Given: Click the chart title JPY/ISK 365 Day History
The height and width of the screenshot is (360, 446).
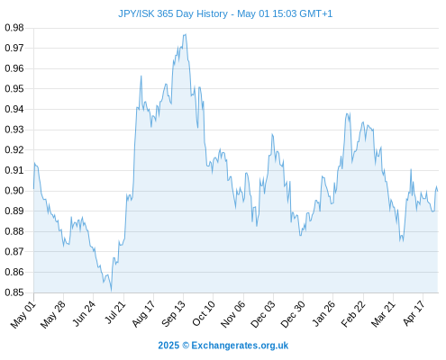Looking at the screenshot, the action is (173, 14).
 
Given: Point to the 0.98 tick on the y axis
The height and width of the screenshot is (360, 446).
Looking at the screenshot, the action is (14, 28).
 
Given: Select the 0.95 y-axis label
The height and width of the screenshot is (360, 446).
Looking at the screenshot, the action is (14, 89).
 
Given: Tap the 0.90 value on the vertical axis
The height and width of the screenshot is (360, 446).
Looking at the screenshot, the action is (14, 191).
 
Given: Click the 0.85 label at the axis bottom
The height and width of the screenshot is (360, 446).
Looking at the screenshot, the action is (14, 292).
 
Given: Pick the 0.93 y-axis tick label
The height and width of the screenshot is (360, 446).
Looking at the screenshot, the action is (14, 130).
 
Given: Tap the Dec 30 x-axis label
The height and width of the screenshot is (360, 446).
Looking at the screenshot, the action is (293, 314).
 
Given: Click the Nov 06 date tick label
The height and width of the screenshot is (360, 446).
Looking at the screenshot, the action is (233, 314).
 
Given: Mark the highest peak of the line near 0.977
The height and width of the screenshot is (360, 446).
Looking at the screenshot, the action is (186, 34).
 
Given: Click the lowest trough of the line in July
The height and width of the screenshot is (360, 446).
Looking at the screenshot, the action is (111, 291).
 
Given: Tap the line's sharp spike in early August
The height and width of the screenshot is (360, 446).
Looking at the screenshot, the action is (141, 76).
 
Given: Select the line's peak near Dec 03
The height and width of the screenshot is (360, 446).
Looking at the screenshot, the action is (272, 134).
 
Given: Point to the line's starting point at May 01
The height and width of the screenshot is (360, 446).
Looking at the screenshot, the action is (33, 189).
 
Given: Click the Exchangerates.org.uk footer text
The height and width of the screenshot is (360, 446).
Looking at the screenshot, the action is (240, 346).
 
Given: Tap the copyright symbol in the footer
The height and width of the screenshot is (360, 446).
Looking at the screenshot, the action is (186, 346).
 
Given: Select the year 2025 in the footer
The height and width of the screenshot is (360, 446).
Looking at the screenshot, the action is (168, 346).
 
